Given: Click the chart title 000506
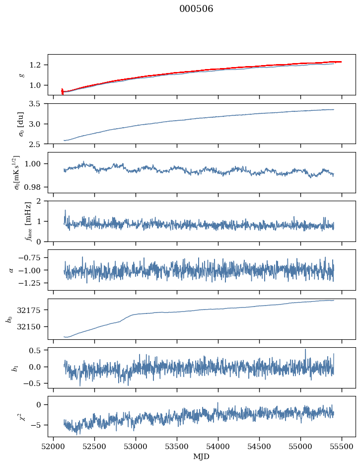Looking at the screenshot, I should pos(196,9).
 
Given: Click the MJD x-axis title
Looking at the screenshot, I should pos(201,457).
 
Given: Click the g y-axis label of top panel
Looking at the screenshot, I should pos(21,75).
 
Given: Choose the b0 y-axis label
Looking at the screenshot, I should pos(8,318).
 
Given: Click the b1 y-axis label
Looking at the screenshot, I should pos(16,367).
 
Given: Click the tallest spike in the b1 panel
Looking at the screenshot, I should pos(305,349).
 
